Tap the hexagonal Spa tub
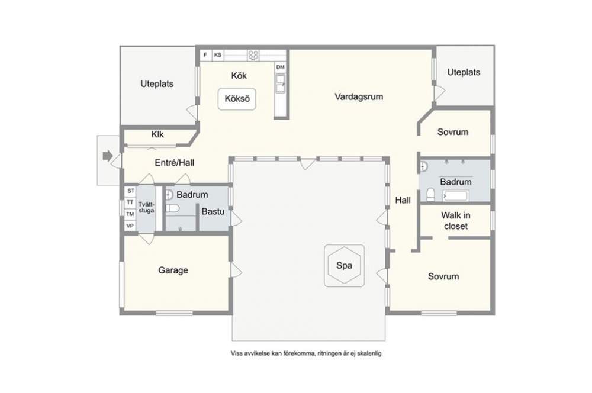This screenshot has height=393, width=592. pos(344,265)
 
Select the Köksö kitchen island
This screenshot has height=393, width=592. pos(237,99)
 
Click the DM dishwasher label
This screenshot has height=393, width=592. pos(280,67)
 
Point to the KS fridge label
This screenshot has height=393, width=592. pos(218,55)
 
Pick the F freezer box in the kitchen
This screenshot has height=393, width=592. pos(205,55)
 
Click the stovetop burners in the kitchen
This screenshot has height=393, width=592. pos(253,55)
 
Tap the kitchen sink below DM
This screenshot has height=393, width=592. pos(280,83)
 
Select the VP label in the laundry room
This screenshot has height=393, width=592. pos(130,226)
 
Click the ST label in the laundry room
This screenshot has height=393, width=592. pos(131,191)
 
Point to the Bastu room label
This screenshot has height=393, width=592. pos(213,211)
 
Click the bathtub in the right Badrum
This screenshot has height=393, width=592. pos(456,196)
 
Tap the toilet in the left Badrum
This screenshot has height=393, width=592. pos(172,208)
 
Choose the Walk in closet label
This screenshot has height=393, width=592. pos(456,221)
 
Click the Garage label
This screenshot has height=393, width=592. pos(173,270)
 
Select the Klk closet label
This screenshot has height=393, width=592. pos(157,134)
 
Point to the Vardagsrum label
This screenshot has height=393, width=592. pos(359,96)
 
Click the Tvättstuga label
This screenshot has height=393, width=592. pos(146,208)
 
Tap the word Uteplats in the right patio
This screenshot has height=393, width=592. pos(464,72)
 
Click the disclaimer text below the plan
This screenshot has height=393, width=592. pos(306,354)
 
